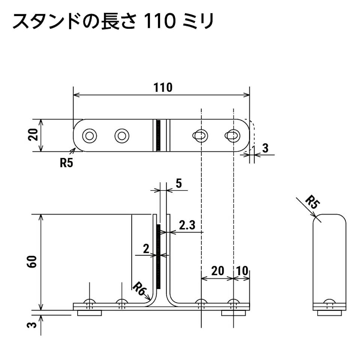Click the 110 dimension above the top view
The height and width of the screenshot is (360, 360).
click(x=163, y=87)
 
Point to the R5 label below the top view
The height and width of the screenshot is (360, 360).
click(x=66, y=163)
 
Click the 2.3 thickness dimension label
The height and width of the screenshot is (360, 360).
click(x=187, y=225)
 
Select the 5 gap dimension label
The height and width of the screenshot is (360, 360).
click(x=179, y=184)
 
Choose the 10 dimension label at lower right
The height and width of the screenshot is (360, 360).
click(x=242, y=271)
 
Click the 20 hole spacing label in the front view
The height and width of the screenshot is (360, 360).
click(x=218, y=271)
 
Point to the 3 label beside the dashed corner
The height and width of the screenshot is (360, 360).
click(x=265, y=148)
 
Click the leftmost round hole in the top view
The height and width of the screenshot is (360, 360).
click(x=89, y=136)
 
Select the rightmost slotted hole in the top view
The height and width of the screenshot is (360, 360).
click(x=233, y=136)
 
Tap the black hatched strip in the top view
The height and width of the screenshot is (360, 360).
click(x=158, y=136)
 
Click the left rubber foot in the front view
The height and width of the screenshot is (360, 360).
click(x=89, y=313)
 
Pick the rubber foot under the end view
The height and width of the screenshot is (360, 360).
click(x=329, y=313)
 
